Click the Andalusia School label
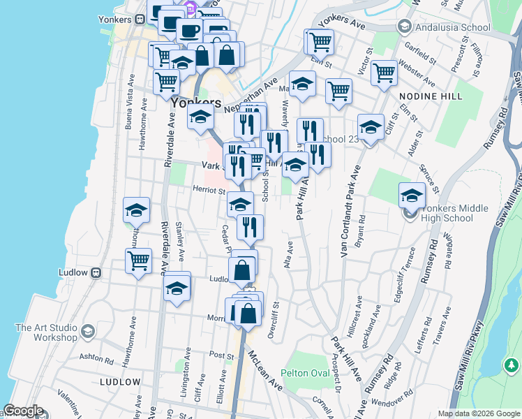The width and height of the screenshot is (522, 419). click(x=452, y=28)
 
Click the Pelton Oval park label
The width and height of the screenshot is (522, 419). click(x=305, y=373)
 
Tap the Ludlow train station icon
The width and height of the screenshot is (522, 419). click(x=97, y=272)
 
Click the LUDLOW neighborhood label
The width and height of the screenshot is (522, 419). click(x=120, y=382)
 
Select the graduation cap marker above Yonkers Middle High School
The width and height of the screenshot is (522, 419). click(x=412, y=195)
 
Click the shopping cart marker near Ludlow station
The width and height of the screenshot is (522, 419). click(x=139, y=260)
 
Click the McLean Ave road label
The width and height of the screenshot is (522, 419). click(x=265, y=370)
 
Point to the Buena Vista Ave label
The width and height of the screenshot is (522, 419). click(x=129, y=112)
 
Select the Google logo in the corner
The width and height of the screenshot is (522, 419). click(x=24, y=411)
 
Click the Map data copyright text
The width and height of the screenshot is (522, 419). click(x=479, y=413)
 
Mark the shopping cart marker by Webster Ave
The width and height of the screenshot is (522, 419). click(x=384, y=73)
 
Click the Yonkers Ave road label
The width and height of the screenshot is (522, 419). click(x=343, y=24)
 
